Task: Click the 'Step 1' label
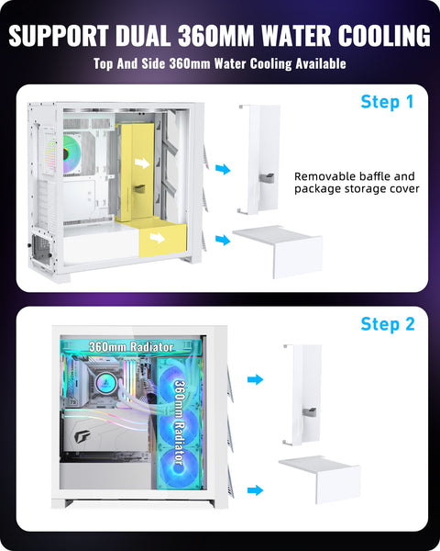point(388,102)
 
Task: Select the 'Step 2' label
point(388,324)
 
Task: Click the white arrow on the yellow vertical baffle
point(142,163)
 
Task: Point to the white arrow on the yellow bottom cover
point(158,238)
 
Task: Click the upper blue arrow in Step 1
point(223,169)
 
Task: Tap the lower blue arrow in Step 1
point(223,240)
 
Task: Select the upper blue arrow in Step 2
point(255,379)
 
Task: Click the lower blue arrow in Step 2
point(255,490)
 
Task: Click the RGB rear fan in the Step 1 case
point(71,154)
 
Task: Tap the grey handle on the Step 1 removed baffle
point(267,176)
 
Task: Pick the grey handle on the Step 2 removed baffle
point(309,411)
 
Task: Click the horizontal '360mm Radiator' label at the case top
point(131,347)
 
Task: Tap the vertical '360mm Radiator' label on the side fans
point(180,422)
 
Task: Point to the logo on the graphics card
point(82,437)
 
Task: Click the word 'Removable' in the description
point(320,176)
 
